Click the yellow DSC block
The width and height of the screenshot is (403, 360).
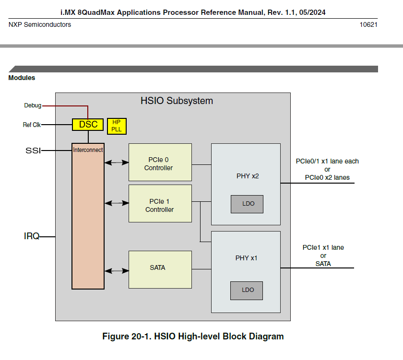click(88, 125)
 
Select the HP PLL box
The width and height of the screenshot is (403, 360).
click(116, 126)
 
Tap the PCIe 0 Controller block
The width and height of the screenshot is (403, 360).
click(160, 163)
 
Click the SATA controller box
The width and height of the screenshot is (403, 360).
click(160, 268)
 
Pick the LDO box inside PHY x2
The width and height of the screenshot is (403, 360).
click(247, 204)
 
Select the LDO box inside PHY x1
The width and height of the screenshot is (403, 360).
click(247, 290)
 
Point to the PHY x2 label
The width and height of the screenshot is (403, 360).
click(248, 176)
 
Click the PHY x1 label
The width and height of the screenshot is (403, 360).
click(247, 258)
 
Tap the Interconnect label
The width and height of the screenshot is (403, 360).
click(88, 150)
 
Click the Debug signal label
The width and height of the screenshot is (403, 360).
click(33, 105)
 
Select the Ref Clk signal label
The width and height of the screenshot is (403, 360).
click(32, 125)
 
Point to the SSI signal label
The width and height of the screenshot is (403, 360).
click(33, 151)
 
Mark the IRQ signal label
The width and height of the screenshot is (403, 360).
click(32, 236)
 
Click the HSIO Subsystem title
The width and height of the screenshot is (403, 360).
click(177, 101)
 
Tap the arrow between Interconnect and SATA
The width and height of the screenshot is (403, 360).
click(116, 271)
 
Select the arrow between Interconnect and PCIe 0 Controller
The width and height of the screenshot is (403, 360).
click(116, 163)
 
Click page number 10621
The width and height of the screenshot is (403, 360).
click(368, 24)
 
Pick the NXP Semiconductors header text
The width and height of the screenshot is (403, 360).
click(40, 24)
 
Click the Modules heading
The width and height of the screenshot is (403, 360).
click(22, 78)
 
